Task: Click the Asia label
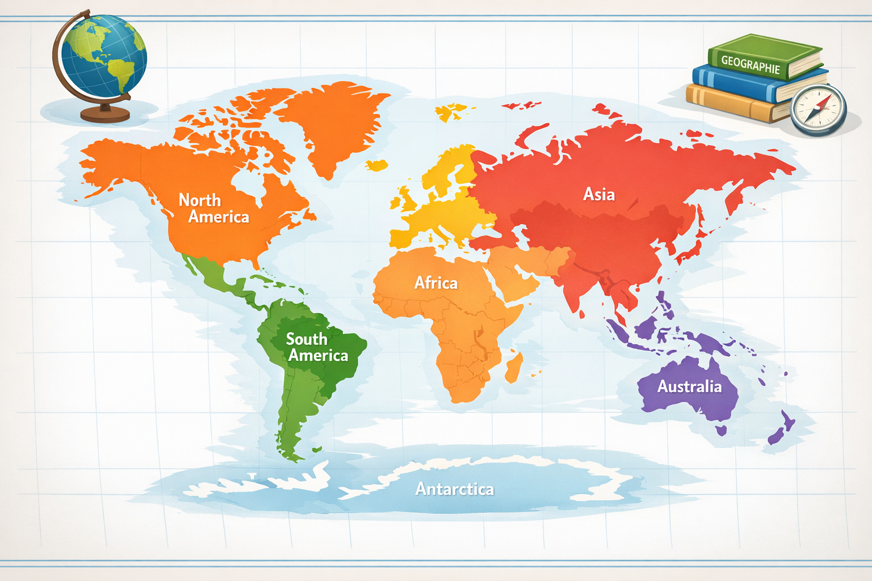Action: (x=599, y=195)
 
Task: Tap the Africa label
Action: (x=435, y=283)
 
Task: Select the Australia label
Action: (x=689, y=387)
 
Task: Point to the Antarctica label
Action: (x=454, y=489)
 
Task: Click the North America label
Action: (x=213, y=208)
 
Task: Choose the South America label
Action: (x=317, y=347)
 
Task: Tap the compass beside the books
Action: (x=818, y=110)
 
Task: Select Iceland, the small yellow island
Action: (x=376, y=165)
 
